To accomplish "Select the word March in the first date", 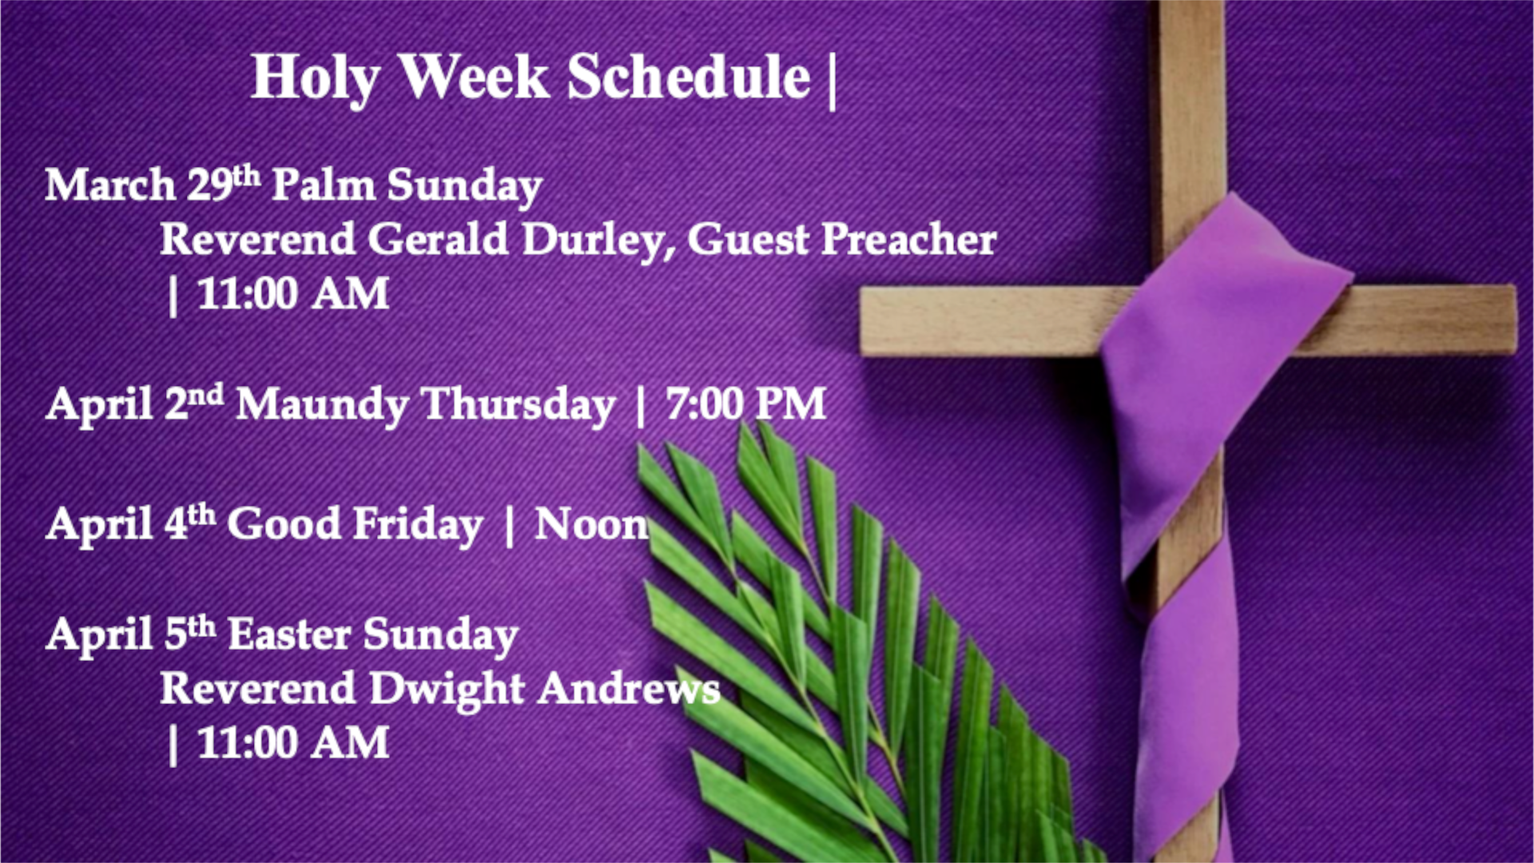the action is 110,185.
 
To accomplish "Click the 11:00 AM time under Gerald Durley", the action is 292,293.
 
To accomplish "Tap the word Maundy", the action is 323,405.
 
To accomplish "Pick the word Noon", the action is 592,524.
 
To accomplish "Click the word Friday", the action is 418,525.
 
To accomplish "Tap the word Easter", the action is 289,634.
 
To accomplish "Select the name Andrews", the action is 629,689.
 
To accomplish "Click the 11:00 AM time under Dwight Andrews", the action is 292,742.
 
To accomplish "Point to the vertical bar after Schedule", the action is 833,80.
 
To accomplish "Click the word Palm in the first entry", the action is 324,185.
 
